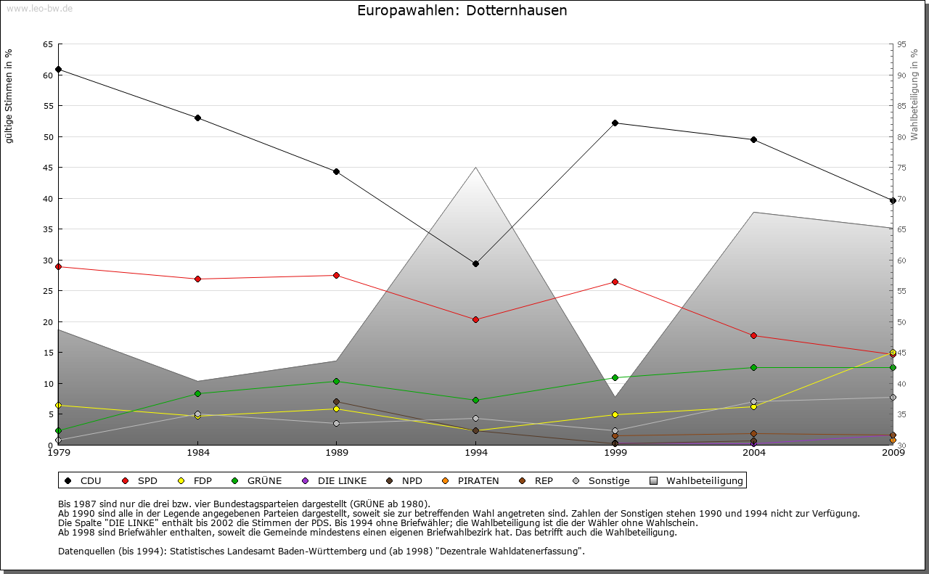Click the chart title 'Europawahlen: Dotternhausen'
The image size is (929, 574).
click(462, 11)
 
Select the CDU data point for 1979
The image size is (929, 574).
click(58, 70)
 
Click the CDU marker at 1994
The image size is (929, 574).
click(475, 263)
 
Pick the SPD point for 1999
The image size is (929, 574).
click(615, 282)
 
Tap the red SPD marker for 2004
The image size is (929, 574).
click(753, 335)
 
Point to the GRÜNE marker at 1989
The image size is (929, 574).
click(336, 381)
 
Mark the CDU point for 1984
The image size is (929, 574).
click(197, 118)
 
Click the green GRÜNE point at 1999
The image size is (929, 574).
click(615, 377)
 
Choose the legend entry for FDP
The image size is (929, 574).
click(195, 480)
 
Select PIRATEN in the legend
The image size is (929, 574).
click(471, 480)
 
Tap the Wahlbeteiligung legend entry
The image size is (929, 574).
click(697, 480)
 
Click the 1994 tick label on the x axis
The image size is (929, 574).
click(475, 454)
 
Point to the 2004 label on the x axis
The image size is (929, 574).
click(753, 454)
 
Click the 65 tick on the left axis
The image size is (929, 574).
click(47, 44)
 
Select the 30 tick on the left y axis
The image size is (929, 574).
click(47, 261)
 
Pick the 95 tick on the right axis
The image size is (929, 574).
click(901, 44)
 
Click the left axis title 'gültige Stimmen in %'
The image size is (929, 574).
click(9, 97)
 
